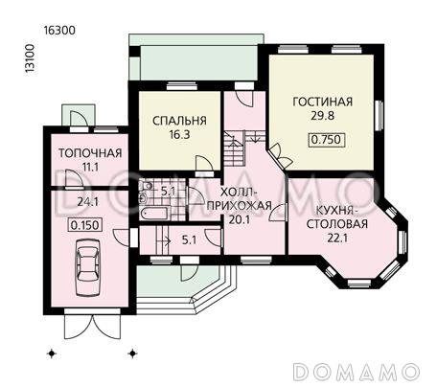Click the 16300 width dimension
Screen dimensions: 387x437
pyautogui.click(x=59, y=30)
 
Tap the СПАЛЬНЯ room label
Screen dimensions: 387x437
pyautogui.click(x=179, y=121)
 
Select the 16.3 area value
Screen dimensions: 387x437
pyautogui.click(x=179, y=136)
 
